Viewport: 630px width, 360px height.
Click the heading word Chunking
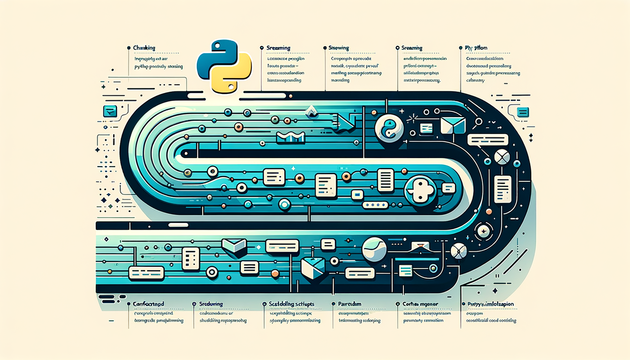tap(144, 48)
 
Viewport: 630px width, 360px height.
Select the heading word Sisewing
tap(339, 48)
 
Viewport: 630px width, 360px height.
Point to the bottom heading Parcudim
tap(349, 304)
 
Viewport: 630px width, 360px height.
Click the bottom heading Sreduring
tap(211, 304)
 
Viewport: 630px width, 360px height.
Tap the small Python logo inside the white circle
tap(389, 129)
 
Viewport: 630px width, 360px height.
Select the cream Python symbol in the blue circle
tap(420, 191)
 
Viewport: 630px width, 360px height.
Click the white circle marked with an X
tap(502, 156)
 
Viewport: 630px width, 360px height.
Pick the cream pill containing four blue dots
tap(375, 205)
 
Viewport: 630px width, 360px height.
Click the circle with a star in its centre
tap(484, 231)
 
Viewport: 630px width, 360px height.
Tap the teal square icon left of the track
tap(110, 111)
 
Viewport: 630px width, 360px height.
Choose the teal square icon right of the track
tap(523, 112)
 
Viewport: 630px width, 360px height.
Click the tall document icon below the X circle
tap(503, 189)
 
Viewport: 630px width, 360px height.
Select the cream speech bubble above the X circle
tap(488, 140)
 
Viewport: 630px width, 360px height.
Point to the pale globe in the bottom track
tap(374, 249)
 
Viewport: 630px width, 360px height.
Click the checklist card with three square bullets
tap(191, 258)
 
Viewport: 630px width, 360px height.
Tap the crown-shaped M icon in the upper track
tap(290, 137)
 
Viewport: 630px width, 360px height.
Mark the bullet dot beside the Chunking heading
tap(129, 48)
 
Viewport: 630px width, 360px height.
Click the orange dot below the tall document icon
tap(489, 212)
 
